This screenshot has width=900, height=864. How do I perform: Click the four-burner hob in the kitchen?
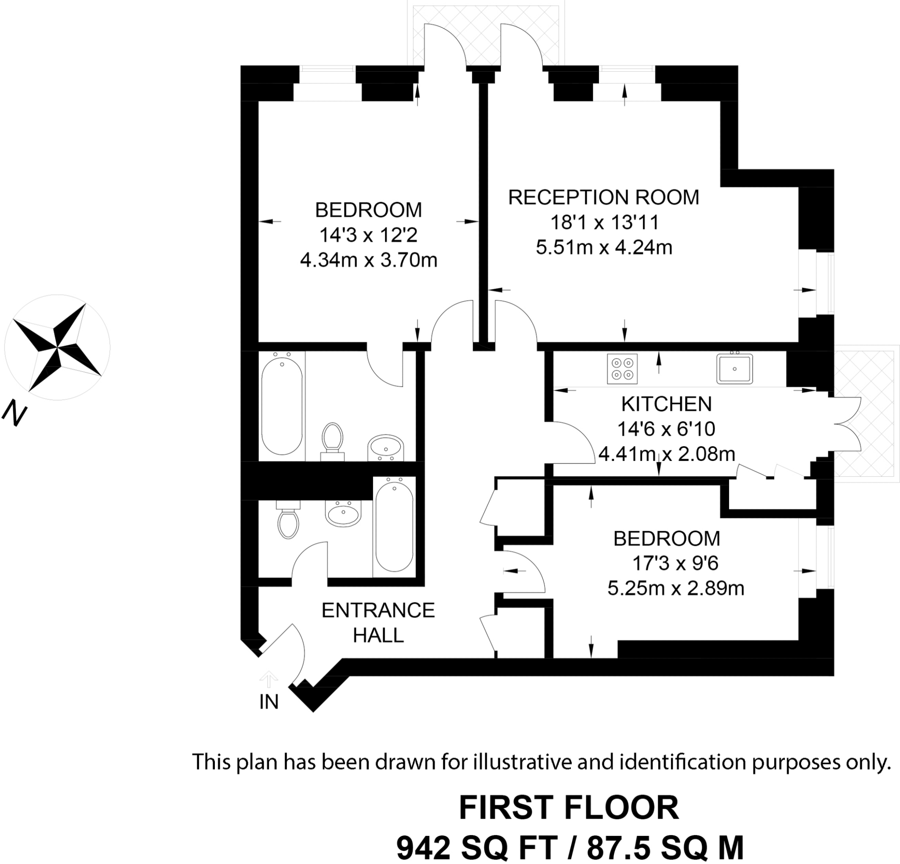(x=622, y=369)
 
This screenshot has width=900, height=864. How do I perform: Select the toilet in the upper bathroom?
(x=333, y=442)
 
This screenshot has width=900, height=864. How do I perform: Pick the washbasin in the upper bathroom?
(x=386, y=448)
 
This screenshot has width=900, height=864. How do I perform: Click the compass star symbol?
(x=57, y=347)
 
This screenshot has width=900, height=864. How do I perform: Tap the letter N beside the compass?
(x=15, y=413)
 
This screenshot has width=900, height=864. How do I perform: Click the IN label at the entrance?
(x=269, y=702)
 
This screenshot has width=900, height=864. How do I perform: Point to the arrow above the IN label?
(x=269, y=679)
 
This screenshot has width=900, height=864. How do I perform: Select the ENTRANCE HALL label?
(x=378, y=623)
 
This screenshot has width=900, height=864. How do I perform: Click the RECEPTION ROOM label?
(x=603, y=197)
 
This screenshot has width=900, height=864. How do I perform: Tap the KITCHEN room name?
(x=667, y=404)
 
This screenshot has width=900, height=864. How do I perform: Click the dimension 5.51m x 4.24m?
(x=604, y=247)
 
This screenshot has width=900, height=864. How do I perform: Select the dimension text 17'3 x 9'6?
(x=675, y=563)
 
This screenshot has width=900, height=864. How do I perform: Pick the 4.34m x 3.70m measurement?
(x=369, y=260)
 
